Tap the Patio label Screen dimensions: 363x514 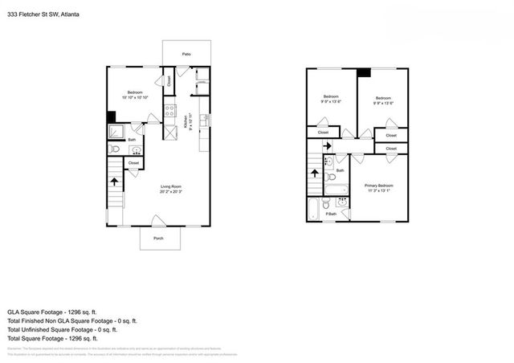pyautogui.click(x=186, y=54)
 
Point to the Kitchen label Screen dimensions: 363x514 pyautogui.click(x=186, y=124)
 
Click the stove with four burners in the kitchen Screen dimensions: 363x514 pyautogui.click(x=170, y=112)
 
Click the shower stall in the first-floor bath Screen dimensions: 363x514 pyautogui.click(x=116, y=131)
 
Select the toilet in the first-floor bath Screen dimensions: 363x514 pyautogui.click(x=115, y=149)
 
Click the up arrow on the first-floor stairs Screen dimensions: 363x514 pyautogui.click(x=114, y=181)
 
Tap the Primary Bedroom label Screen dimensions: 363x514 pyautogui.click(x=379, y=187)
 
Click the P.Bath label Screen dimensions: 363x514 pyautogui.click(x=330, y=214)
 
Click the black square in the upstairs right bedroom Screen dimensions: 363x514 pyautogui.click(x=363, y=73)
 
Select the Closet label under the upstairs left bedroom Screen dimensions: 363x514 pyautogui.click(x=323, y=133)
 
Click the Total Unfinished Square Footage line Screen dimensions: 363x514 pyautogui.click(x=63, y=329)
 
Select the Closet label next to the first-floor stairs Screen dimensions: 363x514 pyautogui.click(x=133, y=163)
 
